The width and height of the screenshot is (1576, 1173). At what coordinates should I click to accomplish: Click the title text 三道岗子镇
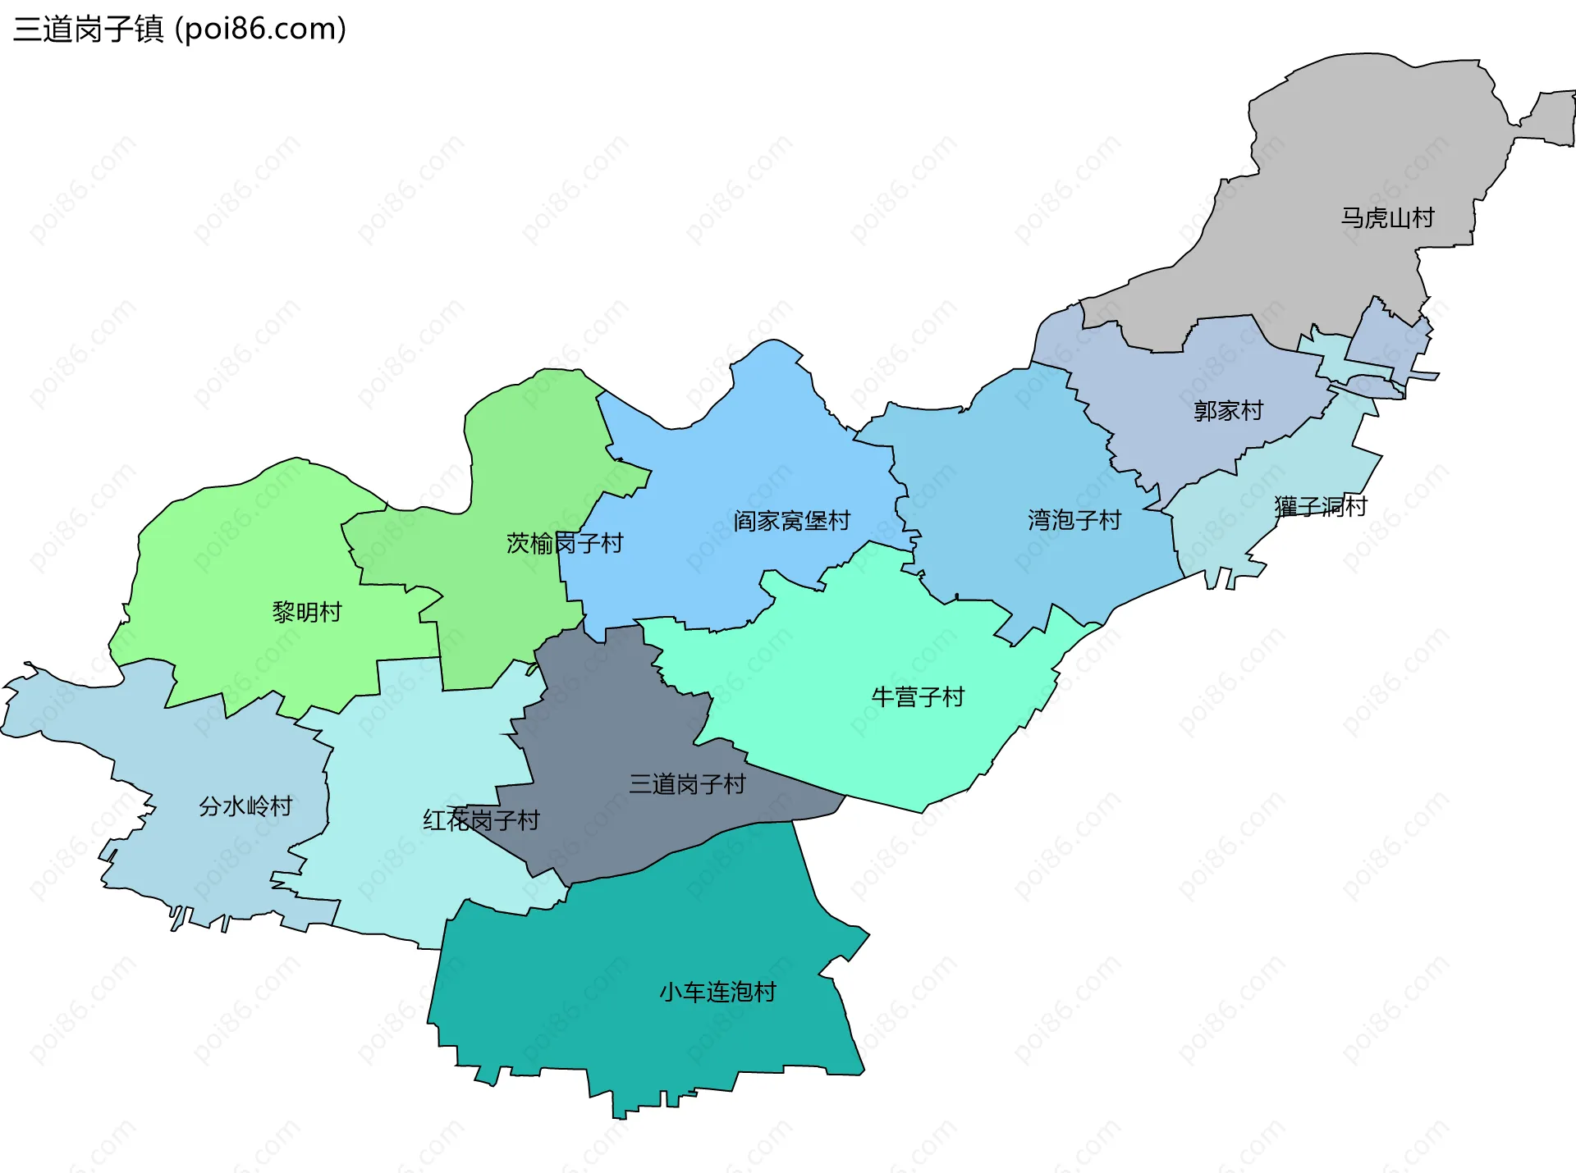89,30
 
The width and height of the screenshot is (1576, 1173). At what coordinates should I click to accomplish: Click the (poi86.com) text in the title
261,30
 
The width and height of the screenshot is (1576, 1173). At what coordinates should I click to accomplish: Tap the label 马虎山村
1387,218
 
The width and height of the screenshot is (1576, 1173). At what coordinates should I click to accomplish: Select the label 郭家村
1228,411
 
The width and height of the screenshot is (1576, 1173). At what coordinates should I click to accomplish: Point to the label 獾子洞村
1321,507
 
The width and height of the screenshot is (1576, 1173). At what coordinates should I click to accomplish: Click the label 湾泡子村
1074,520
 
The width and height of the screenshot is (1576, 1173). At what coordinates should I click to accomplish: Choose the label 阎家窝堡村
791,521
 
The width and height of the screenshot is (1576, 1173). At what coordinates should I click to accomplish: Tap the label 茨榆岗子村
565,543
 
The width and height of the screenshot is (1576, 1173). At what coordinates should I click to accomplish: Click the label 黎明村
306,612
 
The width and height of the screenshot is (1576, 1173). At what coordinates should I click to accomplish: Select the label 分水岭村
245,806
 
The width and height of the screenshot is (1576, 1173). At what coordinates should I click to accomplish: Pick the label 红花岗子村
481,820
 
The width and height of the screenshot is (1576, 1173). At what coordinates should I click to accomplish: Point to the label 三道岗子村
687,784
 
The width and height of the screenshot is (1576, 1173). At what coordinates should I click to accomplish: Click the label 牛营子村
918,697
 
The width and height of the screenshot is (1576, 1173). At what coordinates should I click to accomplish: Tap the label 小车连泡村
717,993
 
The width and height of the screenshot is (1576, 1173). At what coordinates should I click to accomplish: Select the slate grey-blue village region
607,722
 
